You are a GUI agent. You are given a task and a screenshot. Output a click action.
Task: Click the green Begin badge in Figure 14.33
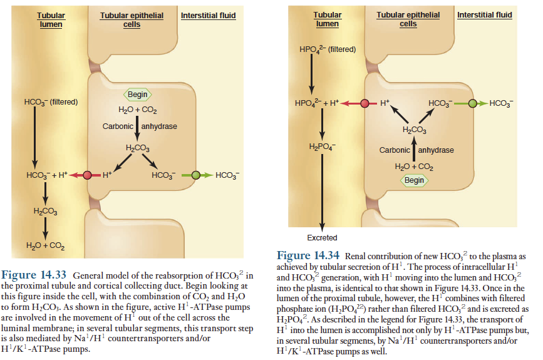(138, 95)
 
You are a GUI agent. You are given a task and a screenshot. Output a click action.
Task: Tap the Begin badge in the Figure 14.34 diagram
(414, 180)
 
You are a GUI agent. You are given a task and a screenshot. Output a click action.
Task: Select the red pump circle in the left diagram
(87, 175)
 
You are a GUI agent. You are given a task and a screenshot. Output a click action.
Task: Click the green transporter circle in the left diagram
(196, 175)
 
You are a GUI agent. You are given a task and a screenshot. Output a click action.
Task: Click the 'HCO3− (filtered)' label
(50, 102)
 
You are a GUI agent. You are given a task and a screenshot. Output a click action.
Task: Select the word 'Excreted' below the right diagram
(322, 238)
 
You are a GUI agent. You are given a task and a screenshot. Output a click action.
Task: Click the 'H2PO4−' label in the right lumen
(323, 148)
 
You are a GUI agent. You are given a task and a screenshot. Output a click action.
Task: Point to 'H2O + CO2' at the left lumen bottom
(48, 244)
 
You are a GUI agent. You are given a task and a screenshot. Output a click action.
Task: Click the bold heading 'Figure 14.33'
(36, 275)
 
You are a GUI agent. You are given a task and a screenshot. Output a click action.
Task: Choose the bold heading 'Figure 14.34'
(308, 255)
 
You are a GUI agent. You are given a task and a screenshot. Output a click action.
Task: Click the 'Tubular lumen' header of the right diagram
(328, 19)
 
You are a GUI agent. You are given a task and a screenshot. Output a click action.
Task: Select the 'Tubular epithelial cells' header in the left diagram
(132, 19)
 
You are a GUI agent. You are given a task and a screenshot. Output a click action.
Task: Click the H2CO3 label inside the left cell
(138, 148)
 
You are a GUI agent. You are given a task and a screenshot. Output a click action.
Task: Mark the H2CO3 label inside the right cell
(414, 130)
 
